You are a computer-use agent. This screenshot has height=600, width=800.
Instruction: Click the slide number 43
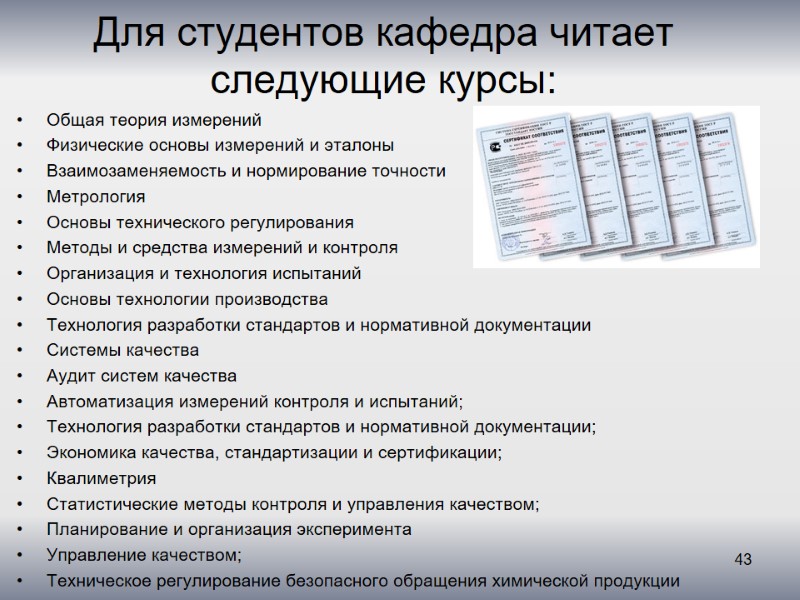[743, 558]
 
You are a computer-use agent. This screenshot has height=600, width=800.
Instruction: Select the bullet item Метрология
[96, 196]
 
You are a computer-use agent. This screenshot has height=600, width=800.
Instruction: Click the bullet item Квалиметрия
[101, 478]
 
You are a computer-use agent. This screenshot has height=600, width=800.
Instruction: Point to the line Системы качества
[123, 350]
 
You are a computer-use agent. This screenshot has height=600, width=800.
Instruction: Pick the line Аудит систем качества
[142, 376]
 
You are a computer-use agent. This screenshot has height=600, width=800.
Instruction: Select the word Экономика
[91, 453]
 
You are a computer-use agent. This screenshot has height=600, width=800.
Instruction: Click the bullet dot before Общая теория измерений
[21, 120]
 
